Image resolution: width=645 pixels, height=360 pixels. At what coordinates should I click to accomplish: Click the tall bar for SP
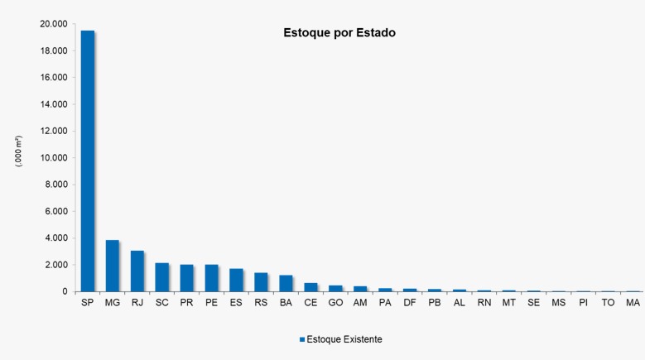coord(87,161)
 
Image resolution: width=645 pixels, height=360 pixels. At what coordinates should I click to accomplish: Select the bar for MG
coord(112,266)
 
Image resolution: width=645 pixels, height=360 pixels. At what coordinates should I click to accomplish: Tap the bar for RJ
coord(137,271)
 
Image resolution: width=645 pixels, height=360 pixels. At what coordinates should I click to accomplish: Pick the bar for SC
coord(161,277)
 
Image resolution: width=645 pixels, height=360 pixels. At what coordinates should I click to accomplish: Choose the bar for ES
coord(236,280)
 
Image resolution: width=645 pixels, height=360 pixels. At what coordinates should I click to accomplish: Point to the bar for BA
coord(286,283)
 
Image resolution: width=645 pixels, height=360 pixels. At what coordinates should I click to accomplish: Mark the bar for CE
coord(310,287)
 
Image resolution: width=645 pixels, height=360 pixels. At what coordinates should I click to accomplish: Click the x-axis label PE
coord(211,304)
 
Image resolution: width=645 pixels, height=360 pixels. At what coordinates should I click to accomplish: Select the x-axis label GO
coord(335,304)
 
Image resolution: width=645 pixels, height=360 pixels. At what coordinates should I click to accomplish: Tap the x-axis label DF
coord(410,304)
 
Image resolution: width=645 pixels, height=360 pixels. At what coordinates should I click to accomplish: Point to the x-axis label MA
coord(633,304)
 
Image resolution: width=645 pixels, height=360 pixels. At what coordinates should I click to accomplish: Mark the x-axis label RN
coord(484,304)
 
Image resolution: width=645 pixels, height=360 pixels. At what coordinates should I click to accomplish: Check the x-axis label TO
coord(608,304)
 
